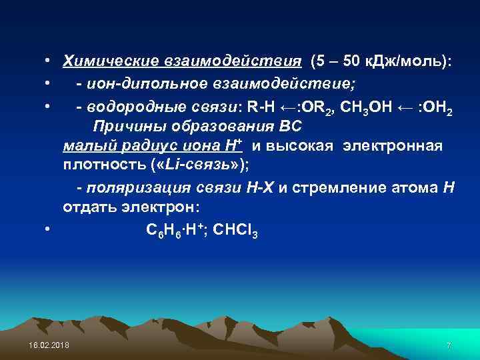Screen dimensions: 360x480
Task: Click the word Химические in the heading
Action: pyautogui.click(x=108, y=62)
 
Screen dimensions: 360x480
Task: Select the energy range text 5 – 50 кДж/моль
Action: pyautogui.click(x=381, y=62)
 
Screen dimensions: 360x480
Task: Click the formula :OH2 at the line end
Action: pyautogui.click(x=437, y=106)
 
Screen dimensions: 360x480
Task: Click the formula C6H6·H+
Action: pyautogui.click(x=175, y=231)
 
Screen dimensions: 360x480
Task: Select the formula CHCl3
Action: pyautogui.click(x=235, y=231)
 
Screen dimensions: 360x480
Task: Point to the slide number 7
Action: pyautogui.click(x=449, y=345)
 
